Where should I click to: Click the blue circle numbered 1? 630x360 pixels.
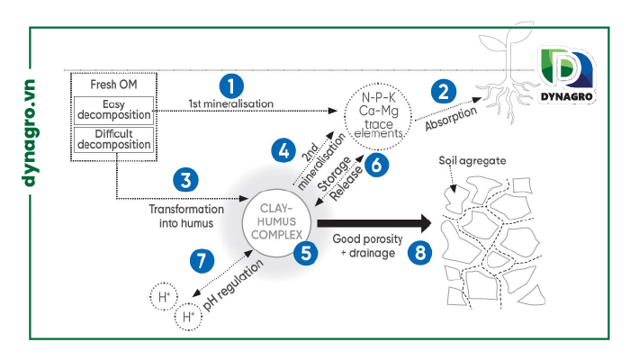click(x=231, y=86)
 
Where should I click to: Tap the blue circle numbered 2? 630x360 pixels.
click(x=444, y=91)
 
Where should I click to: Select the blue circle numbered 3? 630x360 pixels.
click(x=185, y=180)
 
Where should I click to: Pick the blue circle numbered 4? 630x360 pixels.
click(x=283, y=150)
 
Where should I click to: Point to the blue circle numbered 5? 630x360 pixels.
click(x=306, y=253)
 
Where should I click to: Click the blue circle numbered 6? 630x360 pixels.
click(x=376, y=165)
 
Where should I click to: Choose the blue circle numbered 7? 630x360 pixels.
click(x=202, y=261)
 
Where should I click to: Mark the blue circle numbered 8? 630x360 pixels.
click(x=420, y=253)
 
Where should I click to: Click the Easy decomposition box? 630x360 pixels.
click(x=113, y=110)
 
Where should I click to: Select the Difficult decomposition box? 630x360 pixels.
click(x=113, y=139)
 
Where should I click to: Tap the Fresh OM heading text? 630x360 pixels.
click(x=113, y=85)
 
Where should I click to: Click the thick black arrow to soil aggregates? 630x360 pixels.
click(x=374, y=223)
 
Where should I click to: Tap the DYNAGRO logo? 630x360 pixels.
click(x=566, y=76)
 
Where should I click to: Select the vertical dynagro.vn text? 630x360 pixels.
click(x=30, y=133)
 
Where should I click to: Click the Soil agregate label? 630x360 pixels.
click(x=472, y=161)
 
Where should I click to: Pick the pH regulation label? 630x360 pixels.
click(x=233, y=284)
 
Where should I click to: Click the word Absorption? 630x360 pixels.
click(x=451, y=118)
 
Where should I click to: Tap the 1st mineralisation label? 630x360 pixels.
click(x=231, y=103)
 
